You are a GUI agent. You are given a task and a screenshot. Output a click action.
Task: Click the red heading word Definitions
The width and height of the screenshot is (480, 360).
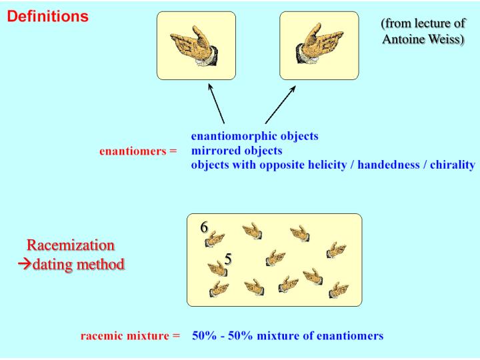click(48, 16)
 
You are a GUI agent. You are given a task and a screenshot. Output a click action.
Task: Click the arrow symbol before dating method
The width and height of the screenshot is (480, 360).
click(25, 264)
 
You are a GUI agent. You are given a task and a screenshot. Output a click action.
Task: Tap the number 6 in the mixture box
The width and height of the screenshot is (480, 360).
click(205, 227)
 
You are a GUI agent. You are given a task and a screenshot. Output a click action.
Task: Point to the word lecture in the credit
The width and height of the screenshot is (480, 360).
click(431, 23)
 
